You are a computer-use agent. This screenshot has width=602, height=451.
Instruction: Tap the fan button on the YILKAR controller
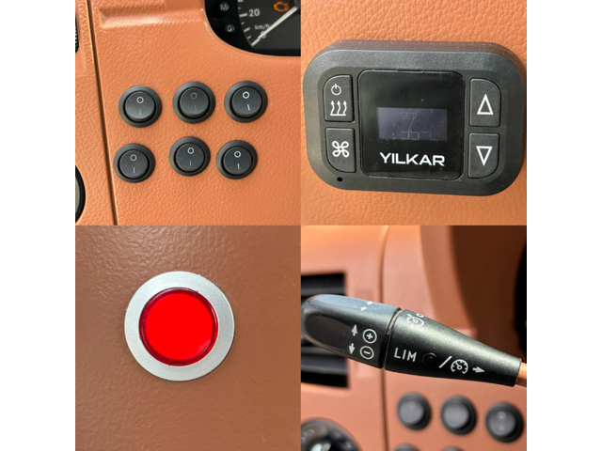click(x=339, y=148)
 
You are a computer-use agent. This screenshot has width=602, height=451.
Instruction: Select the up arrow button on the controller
click(x=484, y=103)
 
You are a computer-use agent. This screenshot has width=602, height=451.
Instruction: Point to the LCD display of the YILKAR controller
click(x=412, y=122)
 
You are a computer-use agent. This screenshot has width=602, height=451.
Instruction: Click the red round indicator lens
click(x=179, y=327)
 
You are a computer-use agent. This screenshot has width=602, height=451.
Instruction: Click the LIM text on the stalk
click(x=406, y=355)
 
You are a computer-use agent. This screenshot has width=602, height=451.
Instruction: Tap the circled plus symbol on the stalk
click(x=369, y=335)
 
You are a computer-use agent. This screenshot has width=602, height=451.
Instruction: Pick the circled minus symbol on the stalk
click(x=366, y=351)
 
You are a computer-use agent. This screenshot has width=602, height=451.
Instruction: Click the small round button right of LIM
click(x=429, y=359)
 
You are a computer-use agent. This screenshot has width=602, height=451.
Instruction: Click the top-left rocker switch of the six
click(x=140, y=105)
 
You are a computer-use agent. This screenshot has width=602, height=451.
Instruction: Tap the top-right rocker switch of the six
click(x=246, y=101)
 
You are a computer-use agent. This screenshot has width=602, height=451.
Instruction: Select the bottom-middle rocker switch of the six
click(x=190, y=155)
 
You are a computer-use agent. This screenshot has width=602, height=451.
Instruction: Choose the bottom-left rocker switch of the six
click(x=135, y=162)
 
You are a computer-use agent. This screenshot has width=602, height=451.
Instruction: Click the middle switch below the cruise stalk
click(x=458, y=413)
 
